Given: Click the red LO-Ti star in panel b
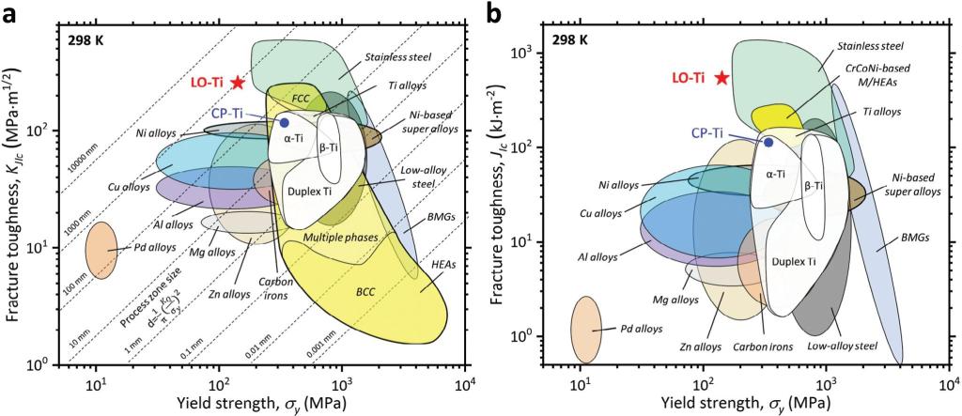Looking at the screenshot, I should tap(721, 77).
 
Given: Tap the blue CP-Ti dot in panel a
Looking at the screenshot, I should tap(284, 122).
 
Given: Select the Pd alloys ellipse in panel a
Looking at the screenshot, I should tap(101, 250).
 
